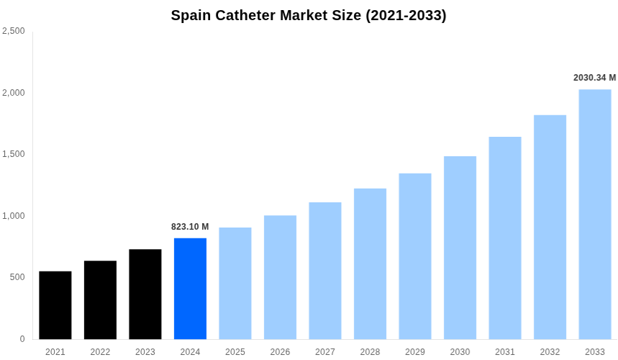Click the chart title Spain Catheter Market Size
[x=309, y=15]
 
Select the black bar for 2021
[x=55, y=305]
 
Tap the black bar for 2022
[x=100, y=300]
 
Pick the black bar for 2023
[x=145, y=294]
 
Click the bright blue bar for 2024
[x=190, y=289]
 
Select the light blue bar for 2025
[x=235, y=284]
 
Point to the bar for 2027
[x=325, y=271]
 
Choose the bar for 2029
[x=415, y=256]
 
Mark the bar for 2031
[x=505, y=238]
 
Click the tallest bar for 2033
[x=595, y=215]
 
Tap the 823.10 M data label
[x=190, y=227]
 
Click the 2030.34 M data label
[x=594, y=78]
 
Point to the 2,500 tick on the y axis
[x=14, y=31]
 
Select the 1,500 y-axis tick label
[x=14, y=154]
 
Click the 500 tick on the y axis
[x=17, y=277]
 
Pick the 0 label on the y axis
[x=22, y=339]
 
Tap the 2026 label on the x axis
[x=280, y=352]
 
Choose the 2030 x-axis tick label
[x=460, y=352]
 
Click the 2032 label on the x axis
[x=550, y=352]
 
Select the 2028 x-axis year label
[x=370, y=352]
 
